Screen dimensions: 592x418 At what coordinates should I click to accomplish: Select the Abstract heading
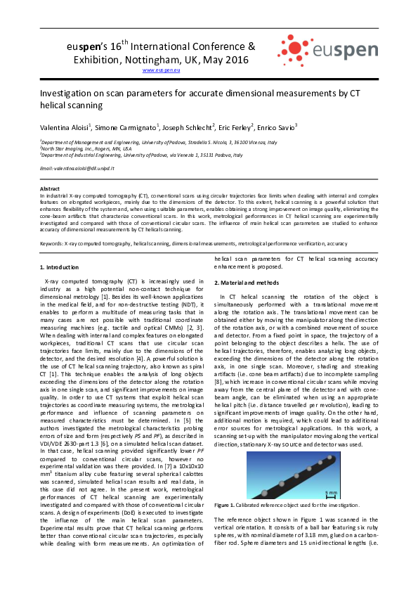[x=50, y=188]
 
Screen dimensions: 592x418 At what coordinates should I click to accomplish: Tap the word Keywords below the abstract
[x=51, y=243]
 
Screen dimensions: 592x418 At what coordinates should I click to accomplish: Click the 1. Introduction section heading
[x=60, y=268]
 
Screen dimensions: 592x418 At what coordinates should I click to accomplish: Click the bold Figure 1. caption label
[x=228, y=505]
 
